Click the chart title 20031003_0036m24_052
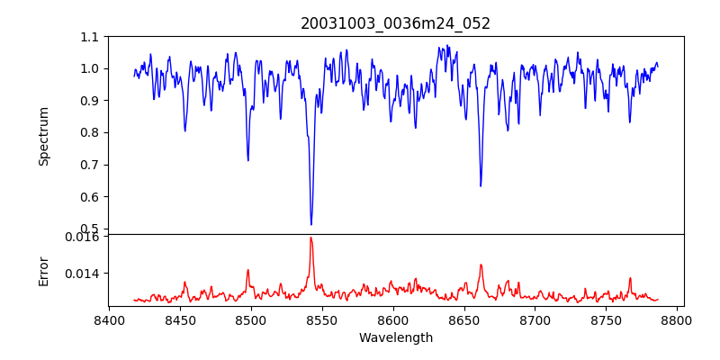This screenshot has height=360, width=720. [x=395, y=23]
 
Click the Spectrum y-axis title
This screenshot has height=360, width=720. [x=44, y=136]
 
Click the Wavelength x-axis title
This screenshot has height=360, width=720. [x=395, y=338]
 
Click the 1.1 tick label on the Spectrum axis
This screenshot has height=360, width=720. [x=90, y=37]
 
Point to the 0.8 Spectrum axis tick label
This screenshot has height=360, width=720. [x=90, y=133]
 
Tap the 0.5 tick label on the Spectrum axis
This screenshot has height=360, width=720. [x=90, y=229]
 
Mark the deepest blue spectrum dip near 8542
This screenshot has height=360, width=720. [x=311, y=224]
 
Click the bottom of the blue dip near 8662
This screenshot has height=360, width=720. [x=481, y=185]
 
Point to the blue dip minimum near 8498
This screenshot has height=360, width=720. [x=248, y=160]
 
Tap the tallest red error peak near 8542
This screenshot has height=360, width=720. [x=310, y=238]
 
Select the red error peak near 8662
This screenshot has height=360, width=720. [x=481, y=265]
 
